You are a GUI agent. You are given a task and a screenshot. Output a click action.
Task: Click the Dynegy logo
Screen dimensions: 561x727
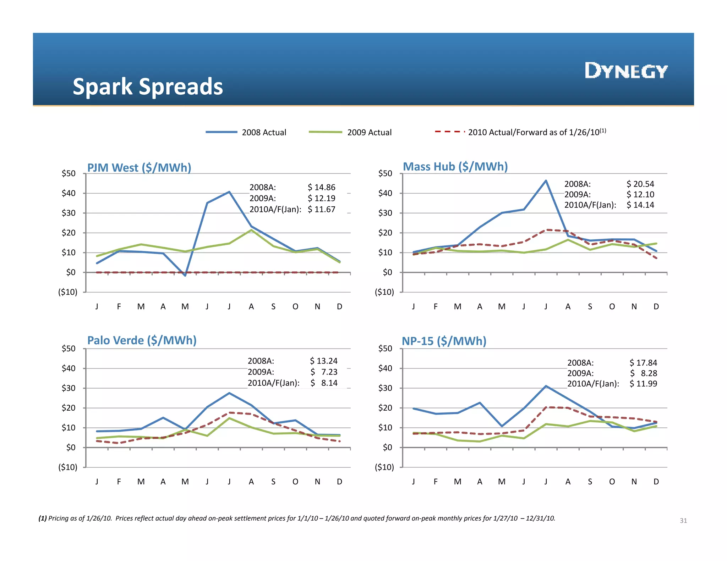(626, 71)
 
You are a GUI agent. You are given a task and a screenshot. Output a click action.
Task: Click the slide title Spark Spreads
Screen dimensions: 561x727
(148, 87)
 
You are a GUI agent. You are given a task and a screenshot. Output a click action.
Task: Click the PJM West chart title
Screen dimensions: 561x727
(139, 168)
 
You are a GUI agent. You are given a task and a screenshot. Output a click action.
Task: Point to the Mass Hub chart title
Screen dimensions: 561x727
(455, 167)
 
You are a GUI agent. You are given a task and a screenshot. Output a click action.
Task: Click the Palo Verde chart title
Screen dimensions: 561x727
(142, 340)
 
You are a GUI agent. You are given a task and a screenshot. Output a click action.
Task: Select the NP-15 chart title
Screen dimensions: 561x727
(444, 341)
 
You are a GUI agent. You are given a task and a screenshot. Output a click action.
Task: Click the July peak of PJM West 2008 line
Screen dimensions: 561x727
(229, 192)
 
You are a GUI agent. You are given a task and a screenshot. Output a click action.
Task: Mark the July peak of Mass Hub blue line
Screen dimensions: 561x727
(546, 180)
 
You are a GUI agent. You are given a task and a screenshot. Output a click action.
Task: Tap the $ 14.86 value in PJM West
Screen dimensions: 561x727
(321, 187)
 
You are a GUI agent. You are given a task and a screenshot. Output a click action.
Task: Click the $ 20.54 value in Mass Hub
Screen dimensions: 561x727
(640, 184)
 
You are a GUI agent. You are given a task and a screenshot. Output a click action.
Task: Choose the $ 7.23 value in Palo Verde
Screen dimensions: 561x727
(324, 372)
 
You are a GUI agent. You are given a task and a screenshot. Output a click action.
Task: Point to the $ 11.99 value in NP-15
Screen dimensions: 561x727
(643, 384)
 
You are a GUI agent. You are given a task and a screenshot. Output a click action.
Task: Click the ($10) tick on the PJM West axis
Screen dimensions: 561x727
(68, 292)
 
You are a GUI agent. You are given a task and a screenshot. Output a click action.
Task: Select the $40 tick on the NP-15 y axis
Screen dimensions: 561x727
(385, 368)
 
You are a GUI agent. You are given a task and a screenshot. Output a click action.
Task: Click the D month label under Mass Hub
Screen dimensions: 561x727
(656, 307)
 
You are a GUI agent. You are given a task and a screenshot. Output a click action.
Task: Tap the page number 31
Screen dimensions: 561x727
(683, 521)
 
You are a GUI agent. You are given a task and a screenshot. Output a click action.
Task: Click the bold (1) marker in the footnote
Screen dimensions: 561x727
(43, 518)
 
